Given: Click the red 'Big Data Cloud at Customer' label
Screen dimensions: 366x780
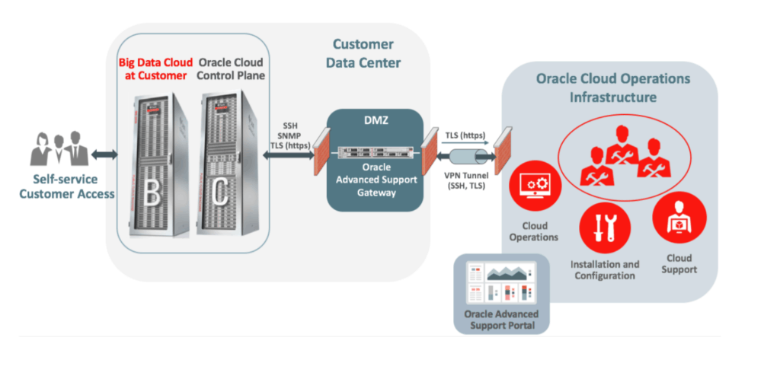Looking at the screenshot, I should (x=152, y=68).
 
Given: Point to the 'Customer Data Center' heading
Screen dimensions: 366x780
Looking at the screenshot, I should (x=363, y=53).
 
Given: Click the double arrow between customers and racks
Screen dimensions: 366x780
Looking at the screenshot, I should (x=104, y=154).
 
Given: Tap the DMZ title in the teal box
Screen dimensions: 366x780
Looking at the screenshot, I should (x=374, y=121).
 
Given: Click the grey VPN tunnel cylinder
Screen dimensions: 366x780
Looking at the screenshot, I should (x=468, y=155).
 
